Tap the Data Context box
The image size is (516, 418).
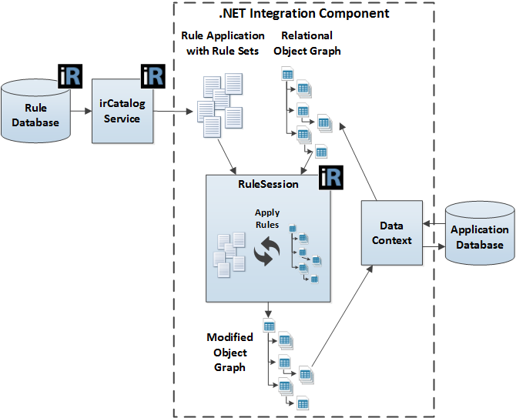click(x=392, y=233)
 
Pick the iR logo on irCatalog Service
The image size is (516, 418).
click(x=153, y=75)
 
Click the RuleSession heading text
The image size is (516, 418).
click(x=267, y=185)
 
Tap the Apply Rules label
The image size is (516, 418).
click(x=267, y=218)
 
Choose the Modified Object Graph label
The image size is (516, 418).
click(x=230, y=353)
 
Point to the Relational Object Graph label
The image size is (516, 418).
click(x=307, y=43)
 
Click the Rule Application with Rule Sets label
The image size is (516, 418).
click(x=223, y=43)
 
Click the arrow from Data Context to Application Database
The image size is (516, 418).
click(x=434, y=247)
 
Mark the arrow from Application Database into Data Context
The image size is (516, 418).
click(x=434, y=223)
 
